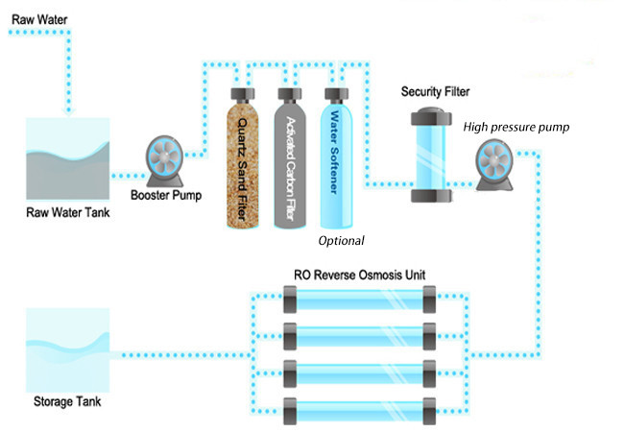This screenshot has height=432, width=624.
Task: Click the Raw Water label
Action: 36,16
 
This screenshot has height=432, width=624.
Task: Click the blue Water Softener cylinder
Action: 335,154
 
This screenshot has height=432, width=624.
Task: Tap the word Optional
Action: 342,240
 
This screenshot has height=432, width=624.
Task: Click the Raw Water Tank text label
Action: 66,212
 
